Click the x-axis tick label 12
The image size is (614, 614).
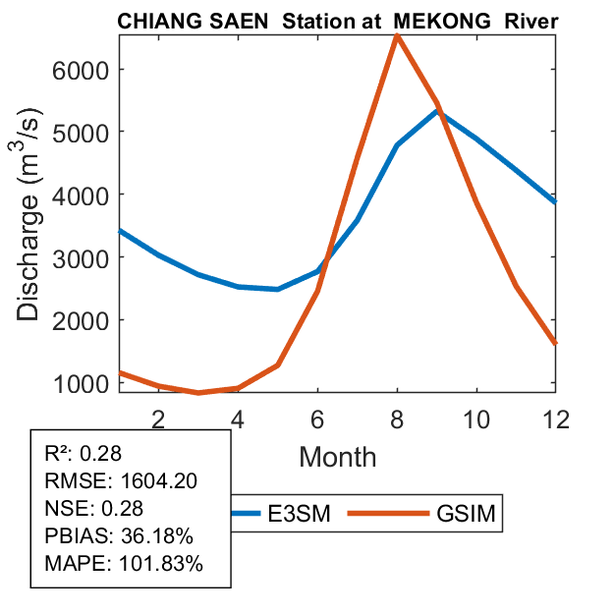click(556, 417)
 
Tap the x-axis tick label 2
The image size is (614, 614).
click(158, 417)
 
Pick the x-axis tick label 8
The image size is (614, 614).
click(397, 417)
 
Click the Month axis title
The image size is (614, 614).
click(337, 456)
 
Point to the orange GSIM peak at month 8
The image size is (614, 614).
click(396, 36)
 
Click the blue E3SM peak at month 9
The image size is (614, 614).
click(437, 111)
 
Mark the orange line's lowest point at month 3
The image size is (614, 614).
click(198, 393)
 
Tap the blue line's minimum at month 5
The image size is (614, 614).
click(278, 289)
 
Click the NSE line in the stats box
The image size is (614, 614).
click(94, 508)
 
